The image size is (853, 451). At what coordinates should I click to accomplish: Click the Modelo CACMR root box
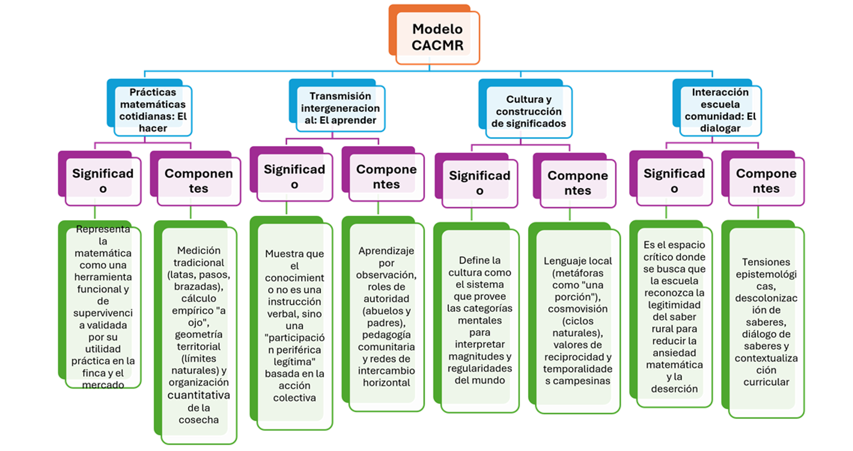pos(434,35)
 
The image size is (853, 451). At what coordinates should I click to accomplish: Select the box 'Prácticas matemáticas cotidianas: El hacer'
pos(149,107)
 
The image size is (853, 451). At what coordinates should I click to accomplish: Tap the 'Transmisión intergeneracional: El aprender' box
pos(337,105)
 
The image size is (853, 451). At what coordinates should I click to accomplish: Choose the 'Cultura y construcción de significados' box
pos(526,108)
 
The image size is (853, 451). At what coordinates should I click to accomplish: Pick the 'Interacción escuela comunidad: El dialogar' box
pos(717,107)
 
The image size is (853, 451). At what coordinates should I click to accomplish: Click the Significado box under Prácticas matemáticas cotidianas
pos(100,178)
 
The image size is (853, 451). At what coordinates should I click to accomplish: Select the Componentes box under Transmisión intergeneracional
pos(383,174)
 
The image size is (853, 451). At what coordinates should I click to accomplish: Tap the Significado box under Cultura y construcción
pos(477,181)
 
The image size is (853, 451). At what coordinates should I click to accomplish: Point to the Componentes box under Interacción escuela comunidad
pos(763,178)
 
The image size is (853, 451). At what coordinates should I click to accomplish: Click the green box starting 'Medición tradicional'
pos(195,332)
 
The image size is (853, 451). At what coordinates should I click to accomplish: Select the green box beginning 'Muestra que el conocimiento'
pos(291,323)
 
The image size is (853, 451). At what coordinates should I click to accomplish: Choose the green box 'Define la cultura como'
pos(477,318)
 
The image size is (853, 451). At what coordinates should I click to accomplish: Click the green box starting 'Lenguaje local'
pos(575,318)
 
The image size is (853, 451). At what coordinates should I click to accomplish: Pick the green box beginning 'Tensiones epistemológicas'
pos(763,319)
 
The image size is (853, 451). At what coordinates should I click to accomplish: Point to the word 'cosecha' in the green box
pos(199,420)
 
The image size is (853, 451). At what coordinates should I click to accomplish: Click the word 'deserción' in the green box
pos(675,389)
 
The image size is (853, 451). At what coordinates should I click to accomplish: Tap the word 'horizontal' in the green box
pos(387,382)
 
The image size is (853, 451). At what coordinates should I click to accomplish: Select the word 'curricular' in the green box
pos(766,382)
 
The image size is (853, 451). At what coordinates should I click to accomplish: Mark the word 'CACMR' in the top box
pos(438,46)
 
